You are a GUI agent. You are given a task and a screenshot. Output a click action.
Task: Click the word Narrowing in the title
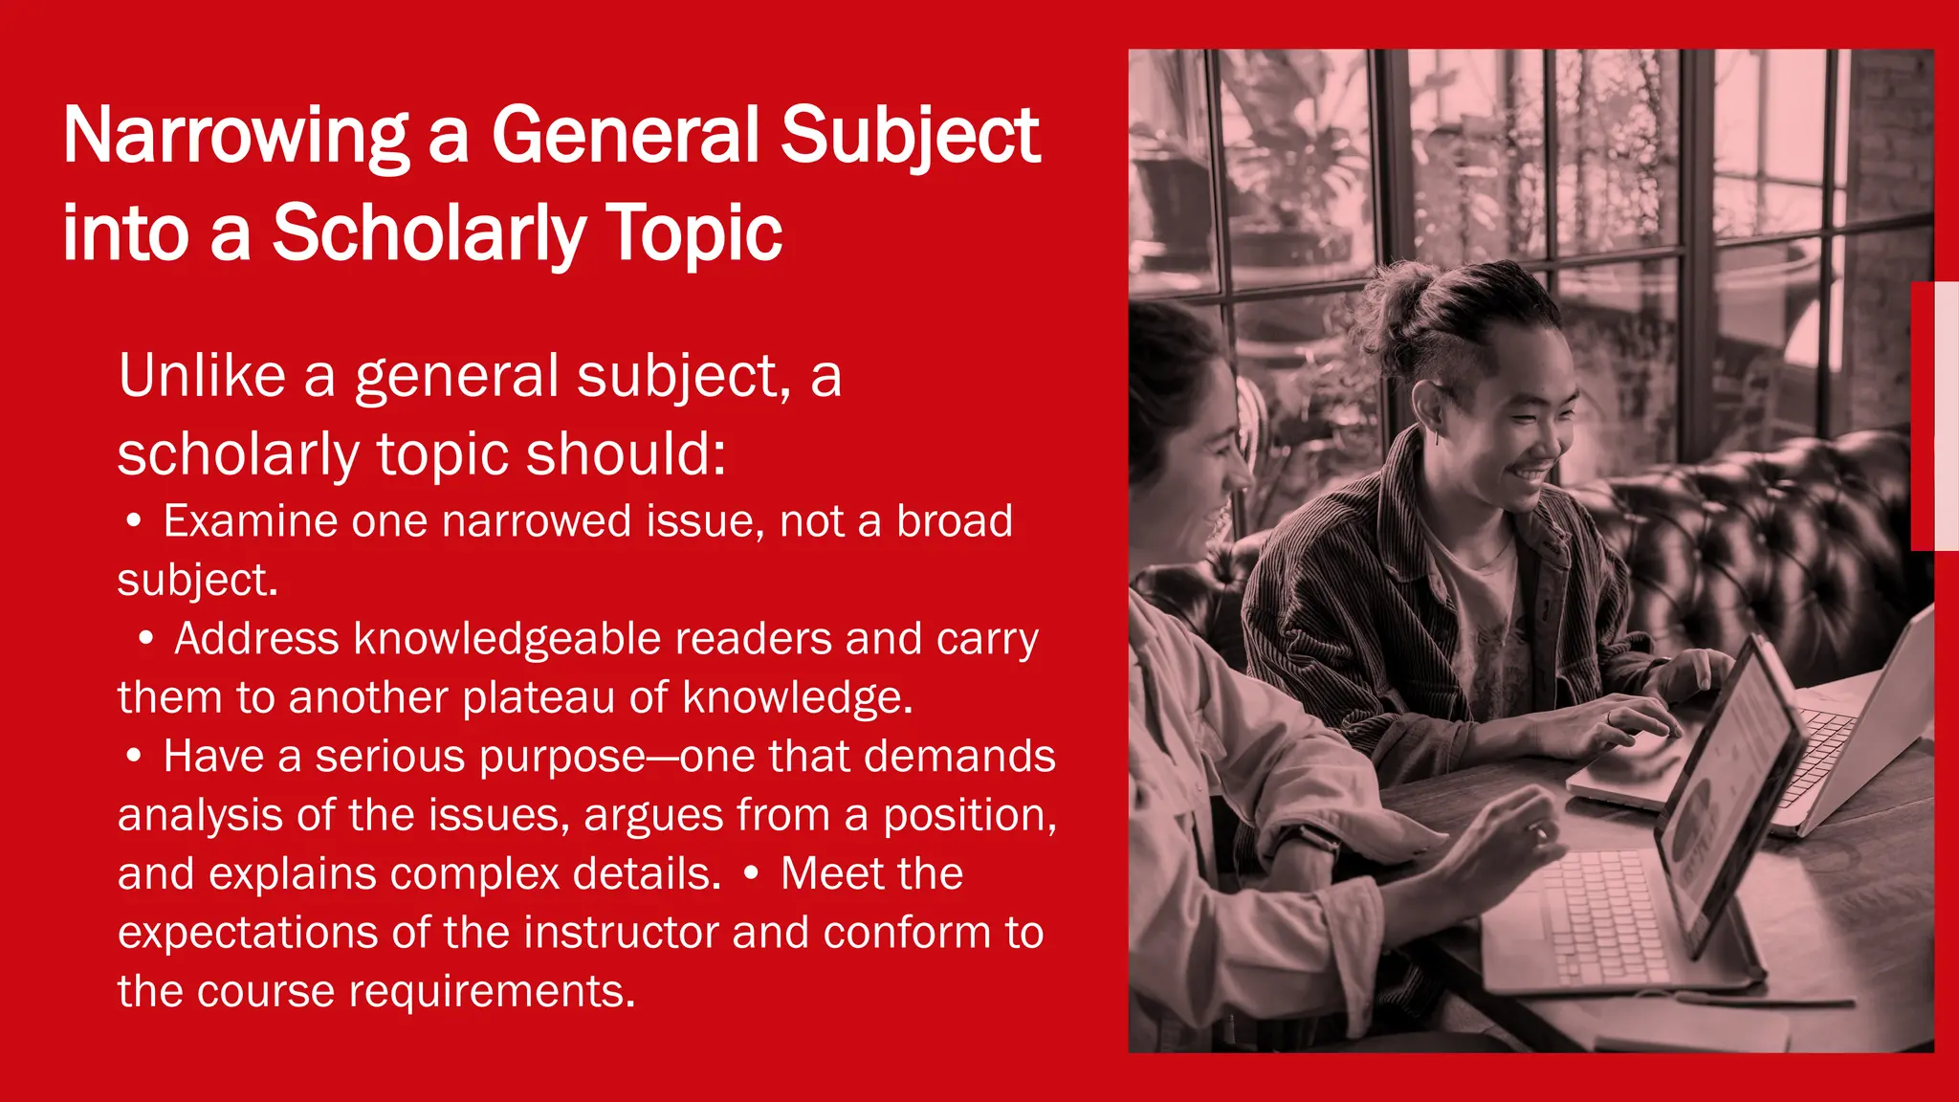pyautogui.click(x=235, y=136)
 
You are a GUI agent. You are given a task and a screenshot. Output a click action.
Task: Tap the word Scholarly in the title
pyautogui.click(x=429, y=233)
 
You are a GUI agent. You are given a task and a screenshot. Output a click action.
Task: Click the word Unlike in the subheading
pyautogui.click(x=202, y=375)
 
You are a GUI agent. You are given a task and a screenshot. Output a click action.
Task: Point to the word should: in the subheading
pyautogui.click(x=626, y=453)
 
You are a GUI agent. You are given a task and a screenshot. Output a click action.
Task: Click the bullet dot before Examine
pyautogui.click(x=135, y=521)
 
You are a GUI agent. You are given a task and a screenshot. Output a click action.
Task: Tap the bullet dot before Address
pyautogui.click(x=145, y=639)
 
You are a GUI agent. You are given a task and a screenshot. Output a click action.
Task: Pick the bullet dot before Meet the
pyautogui.click(x=752, y=873)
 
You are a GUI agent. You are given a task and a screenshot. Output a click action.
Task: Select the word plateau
pyautogui.click(x=539, y=697)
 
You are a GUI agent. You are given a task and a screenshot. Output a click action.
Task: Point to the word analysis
pyautogui.click(x=200, y=815)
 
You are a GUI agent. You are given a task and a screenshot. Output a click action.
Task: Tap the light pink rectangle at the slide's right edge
pyautogui.click(x=1946, y=416)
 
